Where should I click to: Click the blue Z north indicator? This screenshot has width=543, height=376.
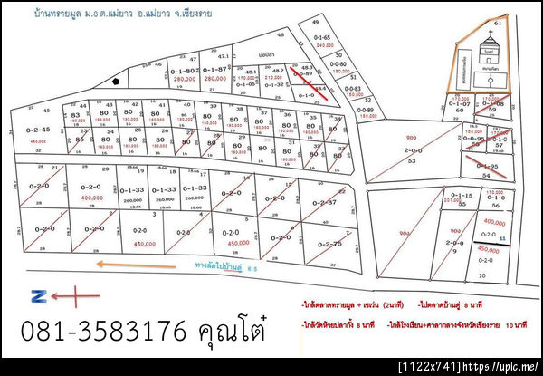click(x=38, y=294)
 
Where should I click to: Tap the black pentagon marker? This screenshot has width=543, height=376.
click(x=117, y=81)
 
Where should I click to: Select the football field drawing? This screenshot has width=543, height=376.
click(x=490, y=82)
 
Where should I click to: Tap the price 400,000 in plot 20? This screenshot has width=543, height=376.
click(x=91, y=197)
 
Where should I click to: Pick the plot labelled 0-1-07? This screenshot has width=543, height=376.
click(x=459, y=104)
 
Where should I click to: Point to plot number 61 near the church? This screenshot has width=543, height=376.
click(x=521, y=22)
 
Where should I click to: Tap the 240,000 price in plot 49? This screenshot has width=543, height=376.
click(x=324, y=44)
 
